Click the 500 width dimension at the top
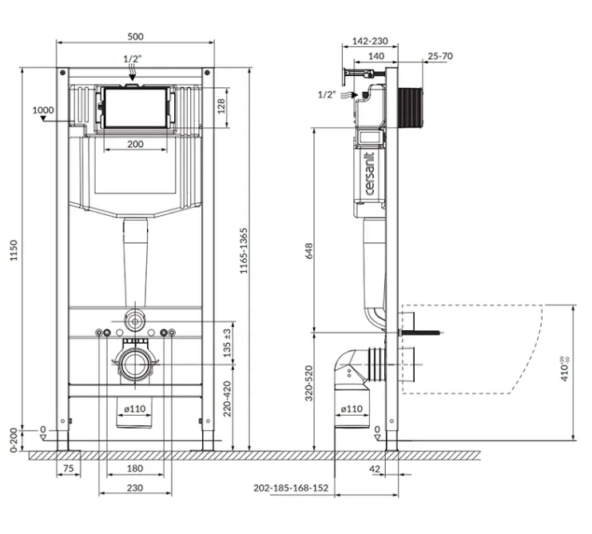pos(135,36)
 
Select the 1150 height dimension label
pos(14,250)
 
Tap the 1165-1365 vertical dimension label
pos(244,251)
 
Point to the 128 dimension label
pos(221,106)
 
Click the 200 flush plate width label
pos(135,144)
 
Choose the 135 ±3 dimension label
pos(227,343)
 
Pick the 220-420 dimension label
pos(227,398)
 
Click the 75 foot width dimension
pos(69,468)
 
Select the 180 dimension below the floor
pos(135,468)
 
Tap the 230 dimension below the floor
pos(135,488)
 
